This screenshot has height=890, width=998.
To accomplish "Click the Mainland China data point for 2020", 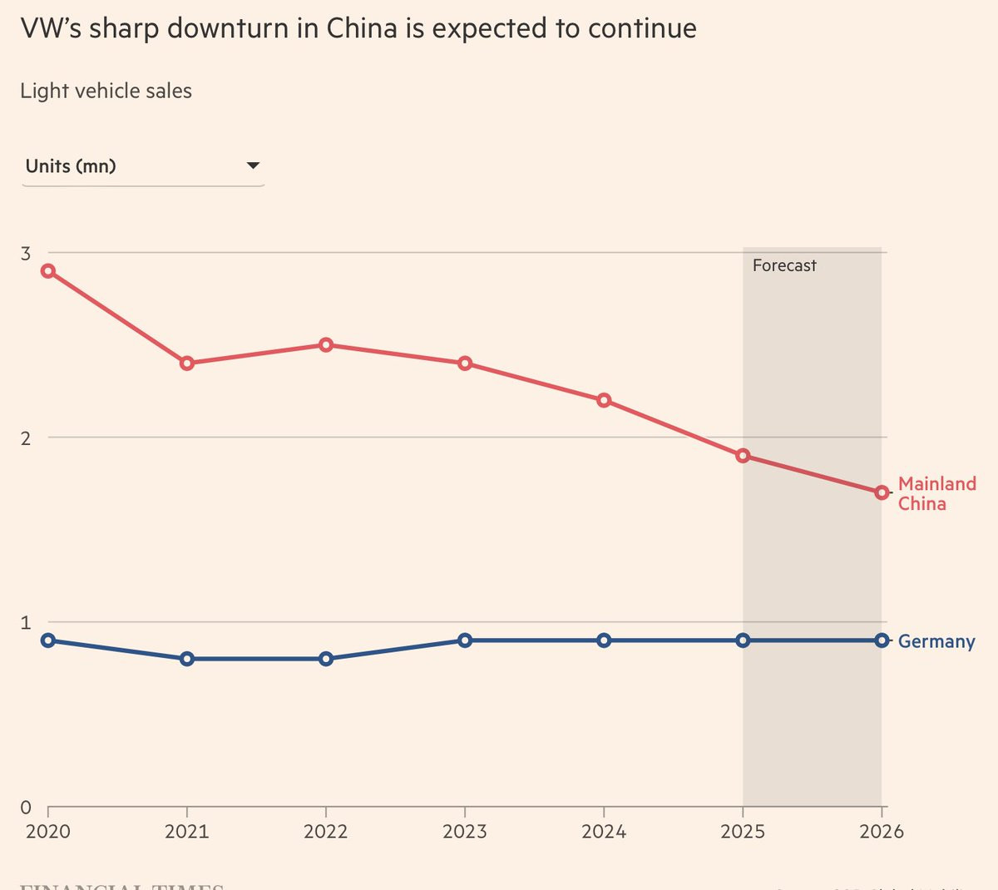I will point(48,271).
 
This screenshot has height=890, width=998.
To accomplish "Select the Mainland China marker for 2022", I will point(326,345).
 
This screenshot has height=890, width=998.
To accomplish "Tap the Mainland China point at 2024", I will point(604,401).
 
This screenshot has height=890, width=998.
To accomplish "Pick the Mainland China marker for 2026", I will point(882,493).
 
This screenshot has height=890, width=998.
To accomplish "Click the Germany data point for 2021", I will point(187,659).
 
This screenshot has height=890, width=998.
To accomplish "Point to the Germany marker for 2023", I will point(465,640).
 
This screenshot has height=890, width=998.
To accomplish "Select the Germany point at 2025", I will point(743,640).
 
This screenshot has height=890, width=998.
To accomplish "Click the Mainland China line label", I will point(936,494).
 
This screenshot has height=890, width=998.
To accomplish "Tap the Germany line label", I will point(936,641).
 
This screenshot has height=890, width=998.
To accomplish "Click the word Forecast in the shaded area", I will point(784,266).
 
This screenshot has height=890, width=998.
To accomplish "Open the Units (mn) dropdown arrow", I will point(254,166).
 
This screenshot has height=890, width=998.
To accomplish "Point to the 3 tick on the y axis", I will point(26,254).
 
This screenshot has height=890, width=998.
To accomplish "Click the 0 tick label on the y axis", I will point(26,808).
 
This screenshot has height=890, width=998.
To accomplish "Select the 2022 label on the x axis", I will point(326,832).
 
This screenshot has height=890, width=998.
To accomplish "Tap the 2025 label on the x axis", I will point(743,832).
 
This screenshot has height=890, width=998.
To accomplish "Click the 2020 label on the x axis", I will point(48,832).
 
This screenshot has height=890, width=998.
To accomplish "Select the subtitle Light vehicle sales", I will point(106,91).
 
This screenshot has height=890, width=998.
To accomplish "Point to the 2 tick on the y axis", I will point(26,438).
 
